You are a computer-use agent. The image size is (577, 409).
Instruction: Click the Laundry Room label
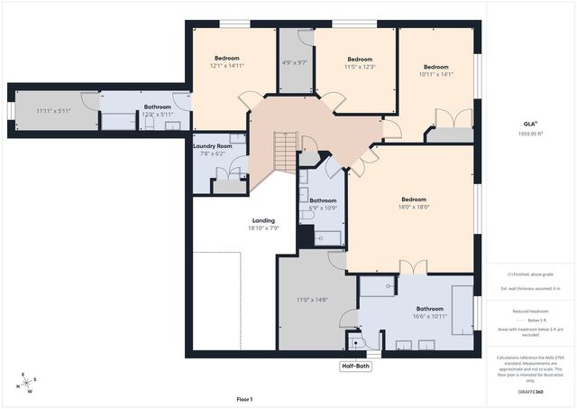(212, 145)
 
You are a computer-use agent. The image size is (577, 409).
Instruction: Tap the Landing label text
(262, 220)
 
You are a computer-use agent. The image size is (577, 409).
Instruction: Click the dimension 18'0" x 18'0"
(414, 207)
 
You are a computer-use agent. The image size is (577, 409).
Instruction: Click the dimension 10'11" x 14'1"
(436, 74)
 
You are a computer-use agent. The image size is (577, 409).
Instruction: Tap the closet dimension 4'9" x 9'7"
(295, 62)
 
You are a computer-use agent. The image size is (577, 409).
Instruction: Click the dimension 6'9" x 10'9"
(323, 208)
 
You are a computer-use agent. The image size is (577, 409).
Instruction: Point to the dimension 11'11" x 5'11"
(52, 111)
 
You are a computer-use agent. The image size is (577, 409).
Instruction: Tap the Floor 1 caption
(244, 398)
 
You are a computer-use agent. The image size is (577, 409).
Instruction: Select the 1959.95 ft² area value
(530, 133)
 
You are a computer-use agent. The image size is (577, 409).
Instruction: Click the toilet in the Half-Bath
(353, 343)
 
